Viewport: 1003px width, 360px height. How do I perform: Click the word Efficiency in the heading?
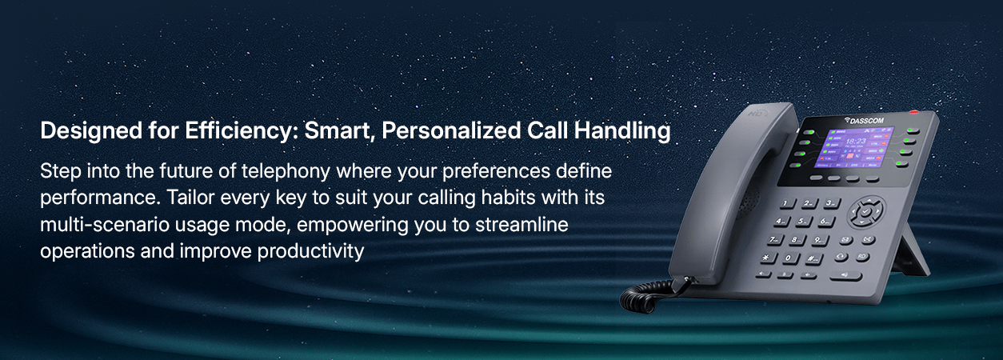coord(241,130)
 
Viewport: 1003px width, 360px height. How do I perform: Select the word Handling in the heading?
coord(622,130)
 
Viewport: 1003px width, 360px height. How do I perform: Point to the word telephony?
coord(286,171)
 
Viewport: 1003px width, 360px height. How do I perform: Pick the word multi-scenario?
coord(104,224)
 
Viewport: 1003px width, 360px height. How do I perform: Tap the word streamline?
coord(521,224)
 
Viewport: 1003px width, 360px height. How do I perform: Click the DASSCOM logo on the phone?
coord(863,121)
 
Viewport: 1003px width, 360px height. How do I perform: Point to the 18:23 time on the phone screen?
coord(855,141)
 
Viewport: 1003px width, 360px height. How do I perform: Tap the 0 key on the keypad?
coord(790,258)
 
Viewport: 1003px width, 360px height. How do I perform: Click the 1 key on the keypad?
coord(787,204)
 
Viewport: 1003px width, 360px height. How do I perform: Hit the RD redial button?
coord(862,257)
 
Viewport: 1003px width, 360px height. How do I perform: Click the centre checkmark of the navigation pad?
coord(866,211)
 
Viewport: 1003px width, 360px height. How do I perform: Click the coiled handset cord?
coord(645,295)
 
